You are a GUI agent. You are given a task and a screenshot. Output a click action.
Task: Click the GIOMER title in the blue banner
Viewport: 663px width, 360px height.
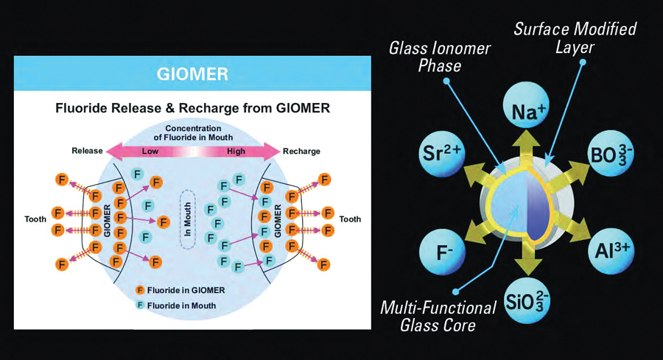(x=192, y=74)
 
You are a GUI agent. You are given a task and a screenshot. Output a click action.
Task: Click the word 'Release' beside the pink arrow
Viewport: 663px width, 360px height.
(x=87, y=151)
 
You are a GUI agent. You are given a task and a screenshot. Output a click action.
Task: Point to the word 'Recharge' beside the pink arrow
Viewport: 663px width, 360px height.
(x=302, y=151)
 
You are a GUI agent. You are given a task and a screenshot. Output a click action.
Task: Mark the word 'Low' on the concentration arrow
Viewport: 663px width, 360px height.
(x=150, y=151)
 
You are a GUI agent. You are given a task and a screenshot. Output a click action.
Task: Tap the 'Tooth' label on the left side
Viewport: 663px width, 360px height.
(x=37, y=219)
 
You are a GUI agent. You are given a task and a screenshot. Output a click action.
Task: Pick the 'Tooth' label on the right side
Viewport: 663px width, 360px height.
(x=350, y=219)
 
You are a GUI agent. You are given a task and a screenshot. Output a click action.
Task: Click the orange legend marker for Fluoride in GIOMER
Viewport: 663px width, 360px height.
(x=140, y=290)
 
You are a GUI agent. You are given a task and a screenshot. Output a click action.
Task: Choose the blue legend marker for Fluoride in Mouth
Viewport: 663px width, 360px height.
(x=140, y=305)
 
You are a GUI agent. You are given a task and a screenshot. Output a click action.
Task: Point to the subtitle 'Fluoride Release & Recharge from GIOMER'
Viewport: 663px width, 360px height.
(x=192, y=108)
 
